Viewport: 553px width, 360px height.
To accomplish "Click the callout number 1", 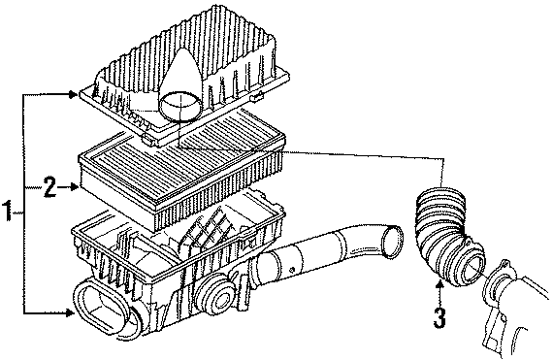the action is pyautogui.click(x=8, y=211).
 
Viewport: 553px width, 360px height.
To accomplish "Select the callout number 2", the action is pyautogui.click(x=49, y=187).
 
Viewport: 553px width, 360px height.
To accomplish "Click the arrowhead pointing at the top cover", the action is pyautogui.click(x=73, y=94).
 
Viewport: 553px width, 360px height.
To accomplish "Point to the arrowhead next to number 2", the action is pyautogui.click(x=75, y=187).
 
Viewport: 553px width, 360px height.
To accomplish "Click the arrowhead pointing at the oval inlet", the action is pyautogui.click(x=71, y=312).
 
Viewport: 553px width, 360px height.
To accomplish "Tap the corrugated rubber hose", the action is pyautogui.click(x=448, y=236).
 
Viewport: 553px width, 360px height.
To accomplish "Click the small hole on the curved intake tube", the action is pyautogui.click(x=292, y=270).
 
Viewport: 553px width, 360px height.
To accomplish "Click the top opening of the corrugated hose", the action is pyautogui.click(x=439, y=192).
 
